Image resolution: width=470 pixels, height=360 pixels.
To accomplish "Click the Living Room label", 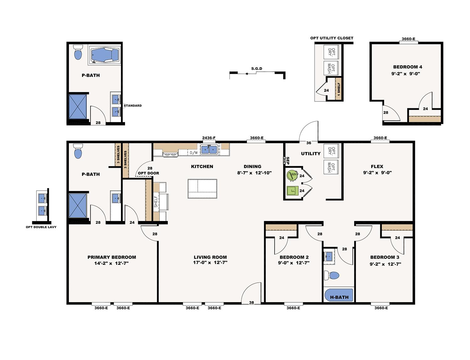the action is (210, 257).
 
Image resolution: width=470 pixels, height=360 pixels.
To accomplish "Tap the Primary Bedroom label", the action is (112, 257).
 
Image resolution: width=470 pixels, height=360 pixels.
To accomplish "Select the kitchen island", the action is (202, 189).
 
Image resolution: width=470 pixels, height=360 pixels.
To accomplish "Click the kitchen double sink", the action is (209, 150).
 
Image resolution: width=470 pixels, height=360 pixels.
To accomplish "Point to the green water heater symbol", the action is (292, 175).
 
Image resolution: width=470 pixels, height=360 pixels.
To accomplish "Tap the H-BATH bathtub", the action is (339, 295).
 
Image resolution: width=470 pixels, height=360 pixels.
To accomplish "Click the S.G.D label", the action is (257, 69).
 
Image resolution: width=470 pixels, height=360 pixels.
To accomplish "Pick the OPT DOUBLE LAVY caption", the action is (41, 227).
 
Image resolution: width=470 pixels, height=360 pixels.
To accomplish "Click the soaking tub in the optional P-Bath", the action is (104, 55).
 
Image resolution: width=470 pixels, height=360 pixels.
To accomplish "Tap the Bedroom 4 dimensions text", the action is (405, 74).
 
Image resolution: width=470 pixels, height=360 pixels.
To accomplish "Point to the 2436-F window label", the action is (209, 138).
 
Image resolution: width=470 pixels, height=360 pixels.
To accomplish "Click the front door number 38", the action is (251, 302).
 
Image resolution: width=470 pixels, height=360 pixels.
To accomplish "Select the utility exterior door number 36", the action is (309, 143).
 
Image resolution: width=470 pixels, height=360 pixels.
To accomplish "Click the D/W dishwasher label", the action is (194, 152).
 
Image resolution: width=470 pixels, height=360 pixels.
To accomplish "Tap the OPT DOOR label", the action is (149, 173).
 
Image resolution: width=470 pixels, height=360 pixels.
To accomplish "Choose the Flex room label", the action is (377, 167).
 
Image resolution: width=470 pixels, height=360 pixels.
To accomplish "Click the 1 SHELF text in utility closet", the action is (339, 89).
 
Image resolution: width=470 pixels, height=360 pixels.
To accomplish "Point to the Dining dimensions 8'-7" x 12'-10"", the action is (254, 173).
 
